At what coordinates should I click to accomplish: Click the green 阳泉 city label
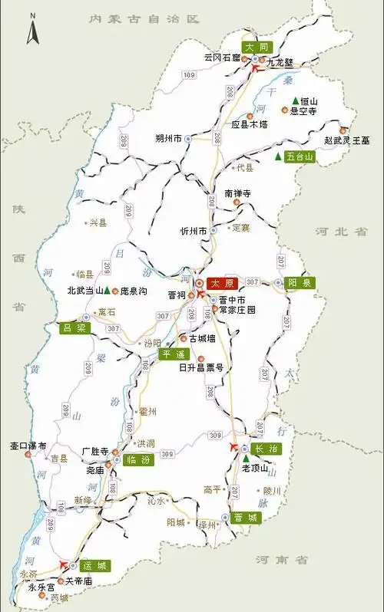[300, 282]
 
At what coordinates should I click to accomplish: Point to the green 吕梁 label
[74, 328]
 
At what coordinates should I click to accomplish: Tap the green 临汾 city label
[137, 460]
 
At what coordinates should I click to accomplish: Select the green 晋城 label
[247, 518]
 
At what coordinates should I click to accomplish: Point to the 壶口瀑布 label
[28, 446]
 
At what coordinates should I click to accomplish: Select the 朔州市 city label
[168, 139]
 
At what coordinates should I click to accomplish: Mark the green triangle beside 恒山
[295, 101]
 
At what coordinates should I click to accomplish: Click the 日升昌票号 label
[200, 368]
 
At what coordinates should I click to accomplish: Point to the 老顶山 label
[255, 468]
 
